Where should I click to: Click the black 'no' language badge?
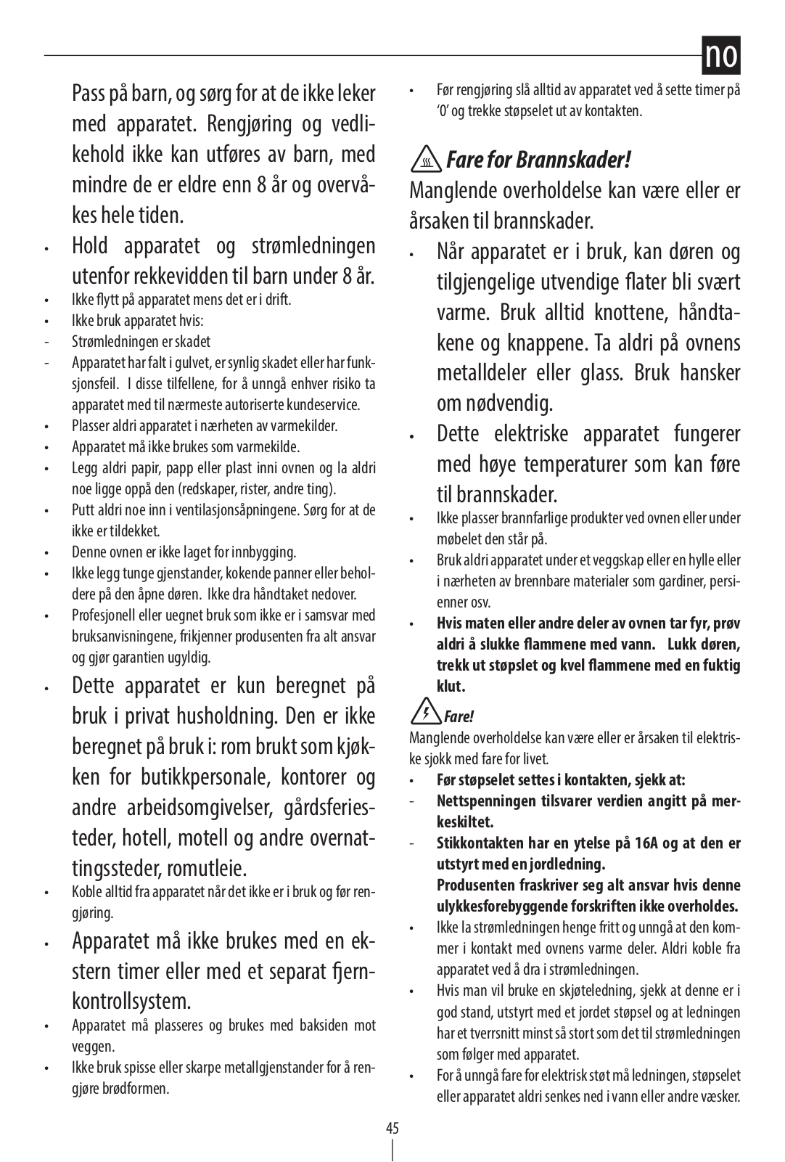[720, 56]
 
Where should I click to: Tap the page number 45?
[392, 1128]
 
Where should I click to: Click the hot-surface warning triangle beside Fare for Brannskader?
[426, 160]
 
